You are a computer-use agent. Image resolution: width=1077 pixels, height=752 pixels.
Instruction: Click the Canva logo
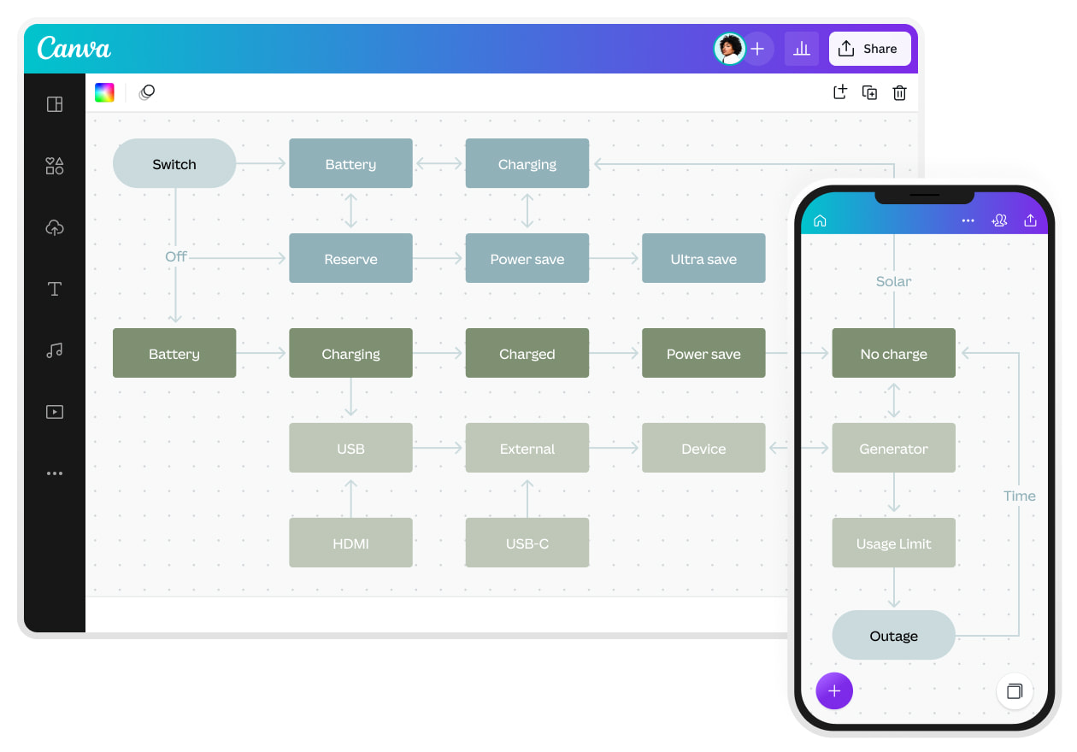click(74, 48)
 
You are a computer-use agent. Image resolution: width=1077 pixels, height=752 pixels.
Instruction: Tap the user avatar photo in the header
click(729, 49)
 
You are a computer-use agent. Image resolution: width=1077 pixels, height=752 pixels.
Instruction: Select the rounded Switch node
click(174, 163)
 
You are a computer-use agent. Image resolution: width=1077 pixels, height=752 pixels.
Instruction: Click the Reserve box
click(350, 258)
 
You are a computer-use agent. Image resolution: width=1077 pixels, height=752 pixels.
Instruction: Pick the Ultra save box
click(703, 258)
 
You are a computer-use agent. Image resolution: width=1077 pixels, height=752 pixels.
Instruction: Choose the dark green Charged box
click(527, 353)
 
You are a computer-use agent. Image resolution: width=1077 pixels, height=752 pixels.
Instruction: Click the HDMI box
click(350, 543)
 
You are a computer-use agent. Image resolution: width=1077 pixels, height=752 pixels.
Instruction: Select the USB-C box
click(527, 543)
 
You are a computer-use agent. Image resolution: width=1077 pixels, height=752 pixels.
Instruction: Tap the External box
click(527, 448)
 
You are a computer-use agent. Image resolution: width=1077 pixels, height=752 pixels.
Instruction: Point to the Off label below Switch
click(176, 256)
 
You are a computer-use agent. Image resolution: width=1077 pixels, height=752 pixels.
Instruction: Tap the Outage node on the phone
click(893, 635)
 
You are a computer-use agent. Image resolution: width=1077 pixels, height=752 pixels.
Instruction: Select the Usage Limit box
click(893, 543)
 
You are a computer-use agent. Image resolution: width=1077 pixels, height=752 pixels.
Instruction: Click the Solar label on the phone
click(893, 281)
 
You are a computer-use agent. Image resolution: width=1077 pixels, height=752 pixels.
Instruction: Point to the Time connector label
click(1019, 496)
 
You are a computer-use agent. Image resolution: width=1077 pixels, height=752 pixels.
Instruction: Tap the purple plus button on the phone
click(834, 690)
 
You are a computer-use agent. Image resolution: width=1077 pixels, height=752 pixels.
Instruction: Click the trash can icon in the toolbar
click(899, 93)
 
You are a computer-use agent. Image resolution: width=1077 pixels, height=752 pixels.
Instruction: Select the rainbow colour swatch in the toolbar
click(104, 92)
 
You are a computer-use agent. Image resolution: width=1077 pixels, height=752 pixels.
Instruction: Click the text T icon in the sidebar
click(55, 289)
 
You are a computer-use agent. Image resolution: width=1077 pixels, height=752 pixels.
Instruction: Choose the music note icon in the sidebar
click(55, 350)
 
